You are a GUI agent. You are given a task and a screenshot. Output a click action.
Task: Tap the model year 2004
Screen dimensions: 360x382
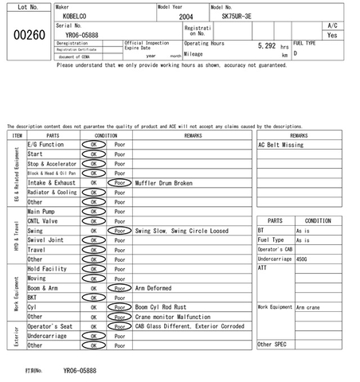click(x=186, y=16)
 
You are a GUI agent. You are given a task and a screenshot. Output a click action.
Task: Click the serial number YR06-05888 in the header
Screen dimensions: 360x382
click(x=82, y=35)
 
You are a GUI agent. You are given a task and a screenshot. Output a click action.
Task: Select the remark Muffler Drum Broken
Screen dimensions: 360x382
click(x=164, y=182)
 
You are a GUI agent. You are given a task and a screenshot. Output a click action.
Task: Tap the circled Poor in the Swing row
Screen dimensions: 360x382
click(x=120, y=231)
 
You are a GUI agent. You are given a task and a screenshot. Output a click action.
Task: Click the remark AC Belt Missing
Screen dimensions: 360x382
click(x=281, y=146)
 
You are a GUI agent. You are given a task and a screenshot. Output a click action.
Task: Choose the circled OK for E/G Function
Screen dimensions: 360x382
click(x=93, y=145)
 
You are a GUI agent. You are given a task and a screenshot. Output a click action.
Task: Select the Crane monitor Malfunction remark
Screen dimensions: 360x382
click(x=172, y=316)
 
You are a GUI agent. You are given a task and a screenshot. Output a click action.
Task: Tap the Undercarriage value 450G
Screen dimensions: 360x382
click(x=302, y=259)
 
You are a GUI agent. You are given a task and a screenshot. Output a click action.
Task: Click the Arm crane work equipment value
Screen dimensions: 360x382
click(x=308, y=306)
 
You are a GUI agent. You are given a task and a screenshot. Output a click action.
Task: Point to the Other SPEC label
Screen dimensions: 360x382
click(x=272, y=344)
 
